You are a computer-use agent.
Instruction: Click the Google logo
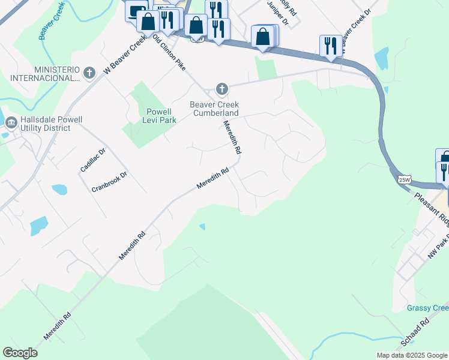pyautogui.click(x=20, y=353)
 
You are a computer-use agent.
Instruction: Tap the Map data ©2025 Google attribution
pyautogui.click(x=412, y=355)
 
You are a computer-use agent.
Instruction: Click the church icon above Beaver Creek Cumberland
pyautogui.click(x=222, y=90)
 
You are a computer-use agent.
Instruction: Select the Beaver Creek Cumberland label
pyautogui.click(x=214, y=109)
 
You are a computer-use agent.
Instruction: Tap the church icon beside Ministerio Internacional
pyautogui.click(x=89, y=73)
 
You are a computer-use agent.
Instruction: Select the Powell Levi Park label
pyautogui.click(x=159, y=116)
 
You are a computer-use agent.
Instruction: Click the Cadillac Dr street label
pyautogui.click(x=92, y=161)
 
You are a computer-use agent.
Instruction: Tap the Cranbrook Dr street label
pyautogui.click(x=109, y=182)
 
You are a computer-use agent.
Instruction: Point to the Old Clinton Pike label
pyautogui.click(x=169, y=53)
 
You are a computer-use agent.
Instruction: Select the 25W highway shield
pyautogui.click(x=405, y=179)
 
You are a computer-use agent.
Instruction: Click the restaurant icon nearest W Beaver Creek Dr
pyautogui.click(x=331, y=46)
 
